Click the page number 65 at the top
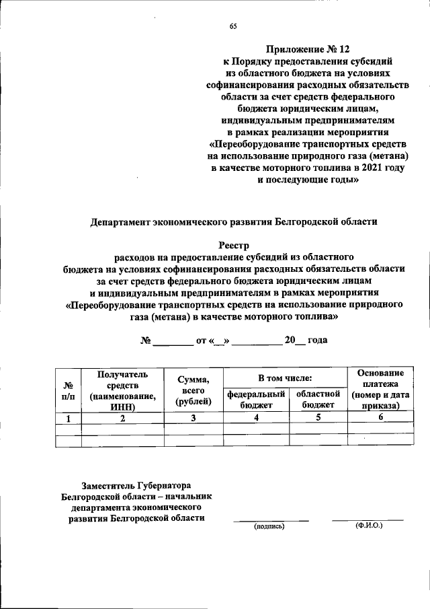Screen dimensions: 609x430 [x=233, y=26]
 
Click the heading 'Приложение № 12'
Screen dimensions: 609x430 [x=308, y=49]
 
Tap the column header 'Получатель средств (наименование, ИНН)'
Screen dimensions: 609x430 [x=122, y=390]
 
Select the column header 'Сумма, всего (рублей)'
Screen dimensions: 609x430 [x=193, y=391]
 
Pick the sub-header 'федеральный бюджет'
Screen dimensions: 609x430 [x=256, y=399]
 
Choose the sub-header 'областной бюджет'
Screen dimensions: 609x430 [x=318, y=399]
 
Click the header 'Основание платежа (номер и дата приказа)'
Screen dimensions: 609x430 [x=380, y=390]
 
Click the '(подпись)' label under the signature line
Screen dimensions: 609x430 [x=269, y=527]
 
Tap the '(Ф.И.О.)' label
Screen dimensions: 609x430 [x=368, y=526]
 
